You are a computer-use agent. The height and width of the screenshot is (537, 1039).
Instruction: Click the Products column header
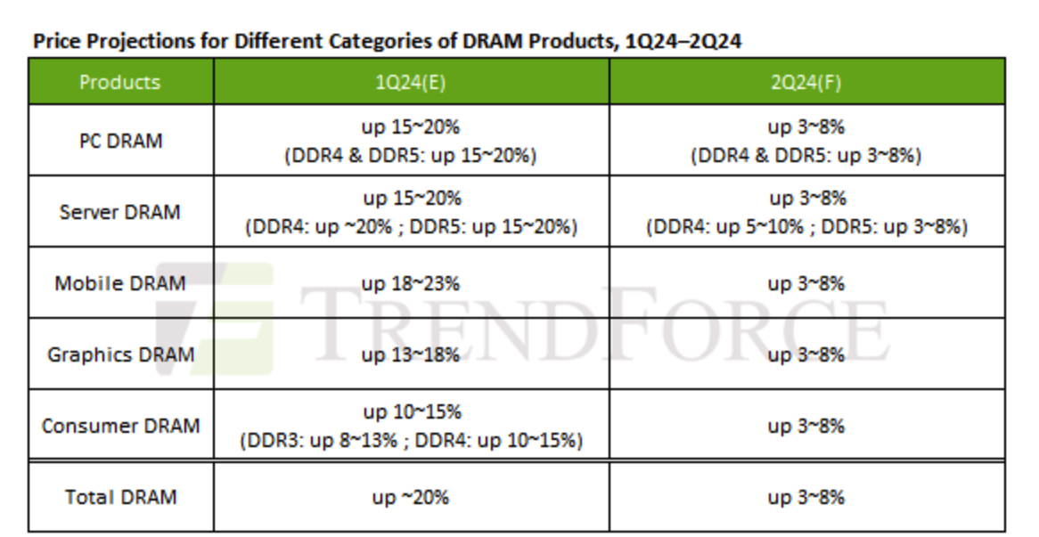coord(119,82)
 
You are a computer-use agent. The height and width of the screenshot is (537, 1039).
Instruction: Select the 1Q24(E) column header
coord(411,82)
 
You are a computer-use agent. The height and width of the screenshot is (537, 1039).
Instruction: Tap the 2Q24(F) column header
coord(806,82)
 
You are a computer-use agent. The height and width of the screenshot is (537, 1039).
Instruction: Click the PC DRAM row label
coord(120,141)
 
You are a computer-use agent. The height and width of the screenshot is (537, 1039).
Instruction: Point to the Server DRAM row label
coord(120,212)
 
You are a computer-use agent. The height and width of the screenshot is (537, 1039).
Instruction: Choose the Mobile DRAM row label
coord(120,283)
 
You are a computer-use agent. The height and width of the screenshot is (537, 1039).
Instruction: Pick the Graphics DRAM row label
coord(120,354)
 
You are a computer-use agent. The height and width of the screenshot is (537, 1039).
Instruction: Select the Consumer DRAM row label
coord(120,426)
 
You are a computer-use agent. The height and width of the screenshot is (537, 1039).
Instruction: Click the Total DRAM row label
coord(120,497)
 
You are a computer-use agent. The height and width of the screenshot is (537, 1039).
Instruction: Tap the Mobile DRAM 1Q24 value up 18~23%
coord(411,283)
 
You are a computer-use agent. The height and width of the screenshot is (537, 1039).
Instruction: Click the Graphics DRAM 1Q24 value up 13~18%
coord(411,354)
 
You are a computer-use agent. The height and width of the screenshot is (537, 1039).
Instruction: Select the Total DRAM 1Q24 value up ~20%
coord(411,497)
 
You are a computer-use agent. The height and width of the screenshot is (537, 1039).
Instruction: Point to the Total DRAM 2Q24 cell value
coord(806,497)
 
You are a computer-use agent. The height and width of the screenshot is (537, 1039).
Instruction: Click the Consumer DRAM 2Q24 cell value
coord(806,426)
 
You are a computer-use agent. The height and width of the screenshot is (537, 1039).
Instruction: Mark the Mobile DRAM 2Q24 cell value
coord(806,283)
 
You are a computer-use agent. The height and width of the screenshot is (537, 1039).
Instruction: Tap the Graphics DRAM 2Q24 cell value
coord(806,354)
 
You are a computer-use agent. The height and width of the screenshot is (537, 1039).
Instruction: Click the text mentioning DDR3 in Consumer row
coord(411,440)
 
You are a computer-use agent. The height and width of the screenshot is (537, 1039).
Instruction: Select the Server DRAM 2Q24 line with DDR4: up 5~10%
coord(806,226)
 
